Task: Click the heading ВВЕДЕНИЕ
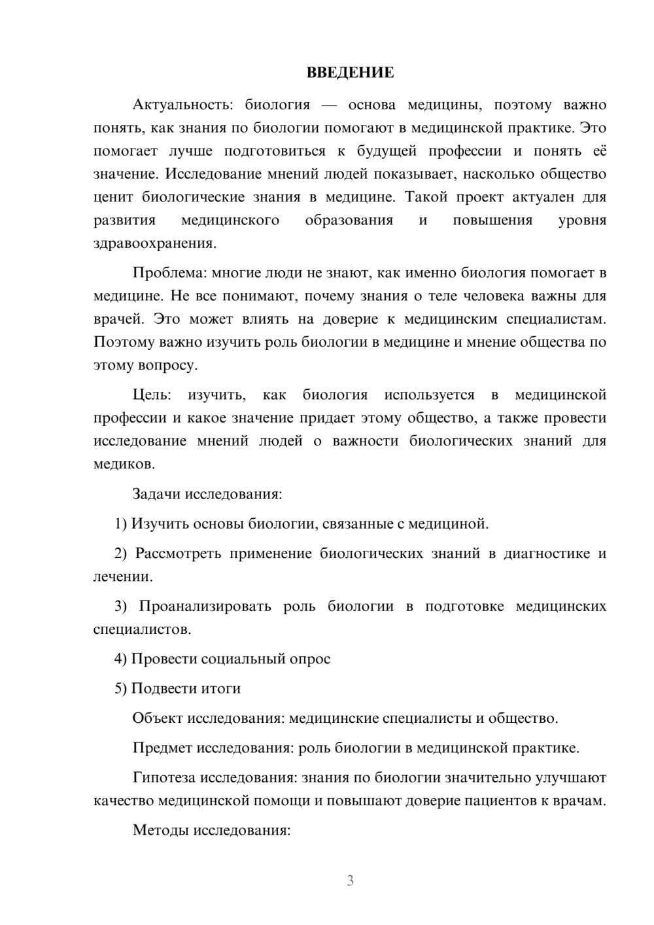tap(350, 73)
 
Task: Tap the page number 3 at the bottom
tap(350, 881)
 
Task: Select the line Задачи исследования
tap(207, 494)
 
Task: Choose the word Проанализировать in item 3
tap(205, 606)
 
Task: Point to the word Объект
tap(158, 718)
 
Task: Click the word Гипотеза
tap(163, 778)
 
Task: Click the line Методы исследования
tap(211, 830)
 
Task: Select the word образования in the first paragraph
tap(349, 220)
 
